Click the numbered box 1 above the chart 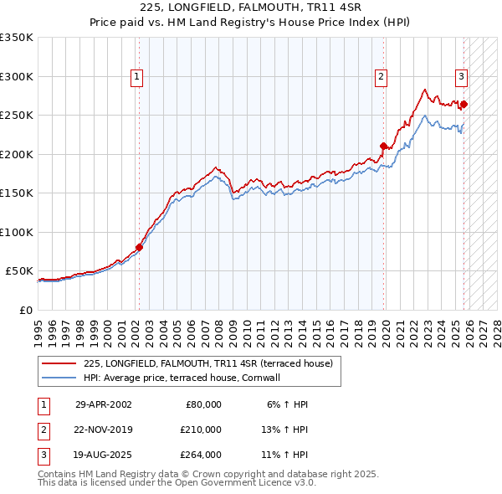tap(136, 77)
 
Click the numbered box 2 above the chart tap(381, 77)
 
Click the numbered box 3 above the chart tap(461, 77)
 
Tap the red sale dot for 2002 tap(139, 247)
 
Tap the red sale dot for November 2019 tap(384, 146)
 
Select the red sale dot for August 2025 tap(464, 105)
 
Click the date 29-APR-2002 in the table tap(103, 404)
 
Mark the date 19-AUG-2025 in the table tap(103, 455)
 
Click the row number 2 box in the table tap(43, 430)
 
